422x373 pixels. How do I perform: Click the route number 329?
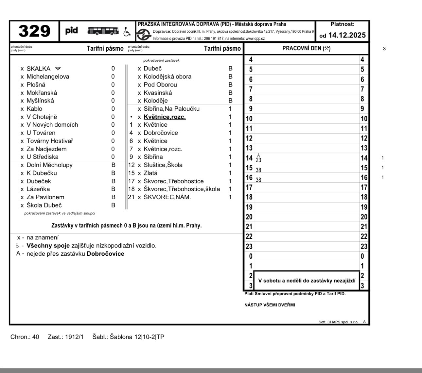tap(34, 31)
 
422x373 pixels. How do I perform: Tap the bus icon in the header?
tap(103, 31)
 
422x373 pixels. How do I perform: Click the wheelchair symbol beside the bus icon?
tap(127, 32)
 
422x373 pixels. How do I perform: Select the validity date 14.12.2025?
tap(347, 35)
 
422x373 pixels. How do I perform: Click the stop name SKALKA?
tap(38, 69)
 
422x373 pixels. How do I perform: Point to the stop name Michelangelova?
tap(48, 77)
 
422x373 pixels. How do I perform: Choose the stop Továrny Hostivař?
tap(50, 141)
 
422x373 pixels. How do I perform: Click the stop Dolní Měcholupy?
tap(49, 165)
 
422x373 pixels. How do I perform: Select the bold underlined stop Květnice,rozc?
tap(165, 117)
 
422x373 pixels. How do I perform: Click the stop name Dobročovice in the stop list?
tap(161, 133)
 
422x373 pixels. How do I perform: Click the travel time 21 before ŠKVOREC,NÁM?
tap(131, 197)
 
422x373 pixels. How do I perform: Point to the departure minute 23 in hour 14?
tap(258, 160)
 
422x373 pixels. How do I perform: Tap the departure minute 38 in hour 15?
tap(258, 170)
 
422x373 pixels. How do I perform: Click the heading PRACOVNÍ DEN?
tap(306, 49)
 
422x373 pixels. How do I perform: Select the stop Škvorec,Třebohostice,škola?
tap(182, 189)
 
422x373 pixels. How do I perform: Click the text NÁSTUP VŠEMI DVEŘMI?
tap(270, 305)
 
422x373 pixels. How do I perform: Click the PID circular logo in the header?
tap(144, 34)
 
